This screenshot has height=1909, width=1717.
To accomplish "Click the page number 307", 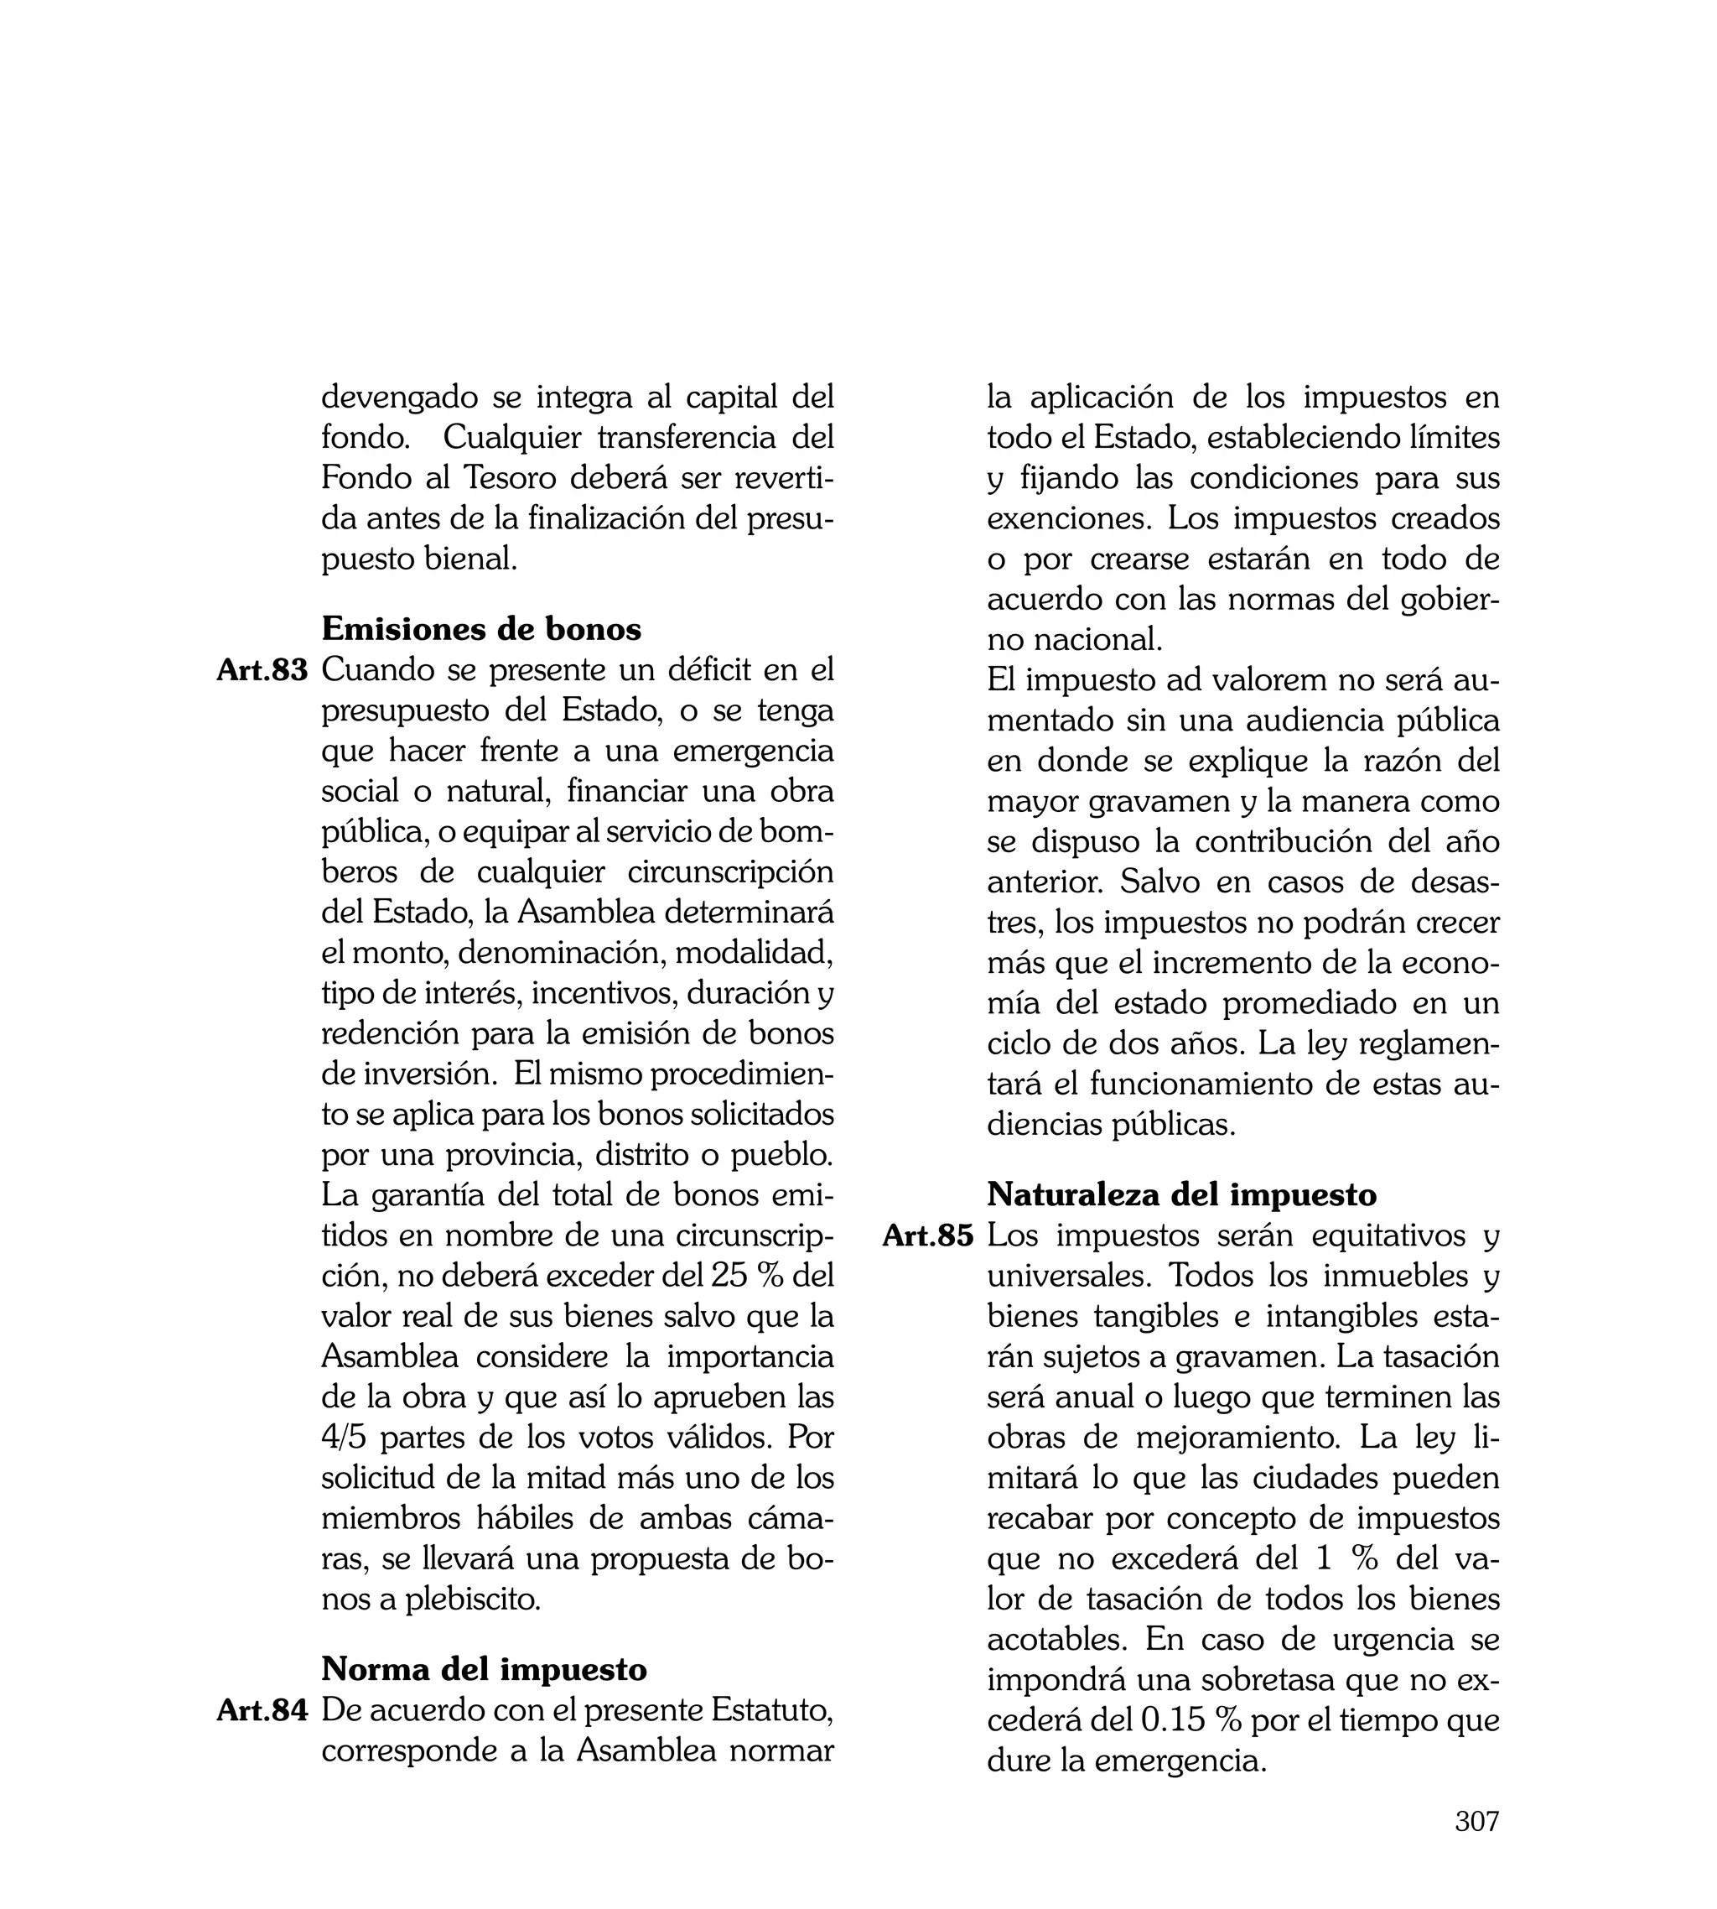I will pos(1476,1848).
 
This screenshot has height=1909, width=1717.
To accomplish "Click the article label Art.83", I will pos(262,671).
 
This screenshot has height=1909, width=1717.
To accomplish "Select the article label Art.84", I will pos(262,1711).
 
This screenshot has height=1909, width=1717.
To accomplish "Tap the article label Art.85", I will pos(927,1236).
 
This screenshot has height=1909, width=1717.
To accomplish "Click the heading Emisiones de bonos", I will pos(481,629).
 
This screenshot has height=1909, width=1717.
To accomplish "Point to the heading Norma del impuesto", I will pos(484,1669).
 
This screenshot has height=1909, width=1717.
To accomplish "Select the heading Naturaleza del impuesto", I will pos(1181,1194).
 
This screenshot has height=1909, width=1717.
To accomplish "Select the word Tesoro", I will pos(511,478).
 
